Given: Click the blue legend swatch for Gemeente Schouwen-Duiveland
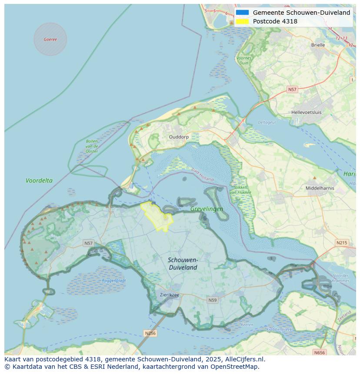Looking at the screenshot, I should click(243, 13).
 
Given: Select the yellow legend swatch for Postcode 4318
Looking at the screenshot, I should click(243, 21).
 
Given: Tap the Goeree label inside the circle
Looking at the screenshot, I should click(50, 39).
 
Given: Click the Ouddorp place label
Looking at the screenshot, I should click(179, 137).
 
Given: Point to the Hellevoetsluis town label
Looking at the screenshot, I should click(307, 112).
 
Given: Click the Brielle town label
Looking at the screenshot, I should click(318, 45).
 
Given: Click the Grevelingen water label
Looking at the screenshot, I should click(207, 209).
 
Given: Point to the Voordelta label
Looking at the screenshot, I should click(39, 180).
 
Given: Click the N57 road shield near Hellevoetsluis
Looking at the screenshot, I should click(292, 89).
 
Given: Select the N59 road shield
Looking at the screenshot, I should click(212, 300).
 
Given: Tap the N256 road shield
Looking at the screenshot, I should click(150, 333).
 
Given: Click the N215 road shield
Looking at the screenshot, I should click(341, 242).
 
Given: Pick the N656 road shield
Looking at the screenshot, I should click(319, 352).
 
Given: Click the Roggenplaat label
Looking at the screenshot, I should click(114, 281).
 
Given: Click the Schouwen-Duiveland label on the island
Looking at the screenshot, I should click(183, 264).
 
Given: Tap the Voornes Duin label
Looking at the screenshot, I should click(244, 60).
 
